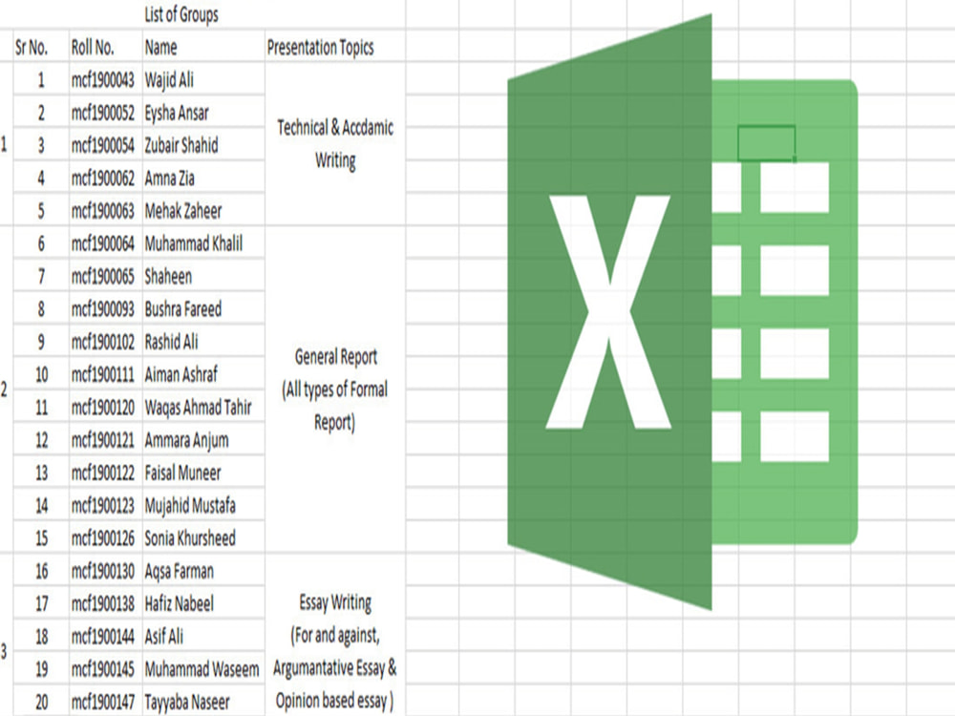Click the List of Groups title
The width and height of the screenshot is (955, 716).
pyautogui.click(x=180, y=14)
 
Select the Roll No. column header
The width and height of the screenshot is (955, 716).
pyautogui.click(x=93, y=48)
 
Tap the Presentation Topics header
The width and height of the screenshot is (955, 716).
pyautogui.click(x=320, y=48)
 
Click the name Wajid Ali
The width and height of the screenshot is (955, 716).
pyautogui.click(x=169, y=80)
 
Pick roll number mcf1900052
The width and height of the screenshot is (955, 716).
pyautogui.click(x=102, y=113)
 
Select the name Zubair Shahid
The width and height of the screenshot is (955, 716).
pyautogui.click(x=180, y=145)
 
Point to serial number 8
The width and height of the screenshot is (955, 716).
pyautogui.click(x=41, y=309)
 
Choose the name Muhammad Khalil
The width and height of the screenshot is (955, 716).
pyautogui.click(x=193, y=244)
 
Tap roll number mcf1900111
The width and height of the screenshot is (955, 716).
pyautogui.click(x=102, y=374)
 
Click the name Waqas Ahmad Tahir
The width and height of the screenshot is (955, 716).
pyautogui.click(x=198, y=408)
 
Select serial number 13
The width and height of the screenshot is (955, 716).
pyautogui.click(x=41, y=474)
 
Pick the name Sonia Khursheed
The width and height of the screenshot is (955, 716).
pyautogui.click(x=189, y=538)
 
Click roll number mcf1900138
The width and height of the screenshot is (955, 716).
pyautogui.click(x=102, y=604)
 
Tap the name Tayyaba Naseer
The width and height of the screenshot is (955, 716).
pyautogui.click(x=187, y=703)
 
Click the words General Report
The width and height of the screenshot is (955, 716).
pyautogui.click(x=335, y=357)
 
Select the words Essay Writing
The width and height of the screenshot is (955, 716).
pyautogui.click(x=335, y=602)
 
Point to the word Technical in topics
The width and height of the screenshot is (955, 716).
pyautogui.click(x=303, y=128)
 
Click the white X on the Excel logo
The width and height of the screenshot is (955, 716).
pyautogui.click(x=609, y=312)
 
